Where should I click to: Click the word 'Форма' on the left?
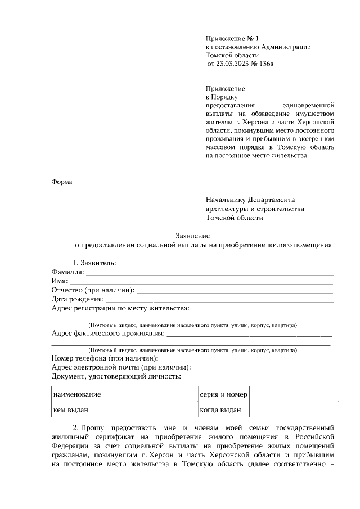62,182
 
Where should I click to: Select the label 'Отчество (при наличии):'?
93,290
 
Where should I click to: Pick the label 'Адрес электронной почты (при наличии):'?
121,368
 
